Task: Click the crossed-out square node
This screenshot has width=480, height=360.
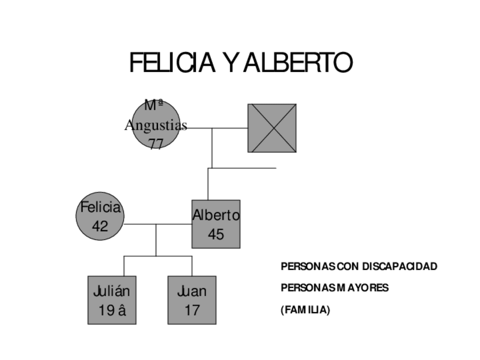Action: (272, 128)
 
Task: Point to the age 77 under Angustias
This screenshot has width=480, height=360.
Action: (156, 143)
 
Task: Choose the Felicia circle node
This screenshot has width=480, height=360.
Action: (100, 216)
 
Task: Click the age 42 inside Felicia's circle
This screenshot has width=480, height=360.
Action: (100, 226)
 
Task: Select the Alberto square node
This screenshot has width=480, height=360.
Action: (216, 224)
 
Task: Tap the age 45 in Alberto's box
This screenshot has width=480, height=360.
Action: (216, 234)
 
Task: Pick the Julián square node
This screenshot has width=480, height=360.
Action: (112, 300)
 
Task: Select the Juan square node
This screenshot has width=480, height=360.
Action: (192, 300)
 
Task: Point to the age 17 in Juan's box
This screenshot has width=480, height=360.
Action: (192, 310)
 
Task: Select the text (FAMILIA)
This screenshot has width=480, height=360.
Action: (305, 310)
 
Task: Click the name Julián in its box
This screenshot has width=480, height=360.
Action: (112, 292)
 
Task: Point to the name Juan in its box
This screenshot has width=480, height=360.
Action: (192, 292)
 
